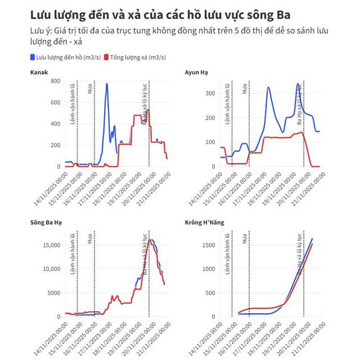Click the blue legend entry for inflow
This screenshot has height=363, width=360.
(66, 57)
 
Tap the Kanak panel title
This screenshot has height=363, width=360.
(39, 72)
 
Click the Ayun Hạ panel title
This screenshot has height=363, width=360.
(197, 72)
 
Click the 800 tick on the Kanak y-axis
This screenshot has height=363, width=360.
(55, 81)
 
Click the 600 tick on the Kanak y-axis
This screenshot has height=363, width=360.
(55, 102)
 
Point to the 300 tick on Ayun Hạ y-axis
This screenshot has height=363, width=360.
(210, 91)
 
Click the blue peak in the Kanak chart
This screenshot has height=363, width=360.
(107, 84)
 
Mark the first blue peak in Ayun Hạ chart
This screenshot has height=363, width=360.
(269, 87)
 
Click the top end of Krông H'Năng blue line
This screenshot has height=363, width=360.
(312, 239)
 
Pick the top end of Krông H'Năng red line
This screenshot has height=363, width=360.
(312, 244)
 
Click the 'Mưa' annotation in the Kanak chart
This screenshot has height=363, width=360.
(91, 88)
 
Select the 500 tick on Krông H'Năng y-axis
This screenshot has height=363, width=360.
(209, 293)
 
